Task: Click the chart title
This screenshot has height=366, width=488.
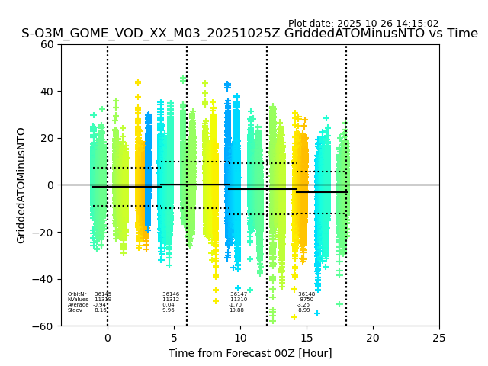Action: point(249,34)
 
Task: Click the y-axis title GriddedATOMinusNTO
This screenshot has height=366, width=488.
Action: point(21,185)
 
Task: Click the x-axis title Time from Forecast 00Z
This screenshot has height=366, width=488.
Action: point(250,353)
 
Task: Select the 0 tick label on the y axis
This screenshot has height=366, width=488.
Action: point(51,185)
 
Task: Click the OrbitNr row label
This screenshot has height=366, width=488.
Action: point(76,294)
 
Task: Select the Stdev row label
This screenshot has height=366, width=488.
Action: point(75,310)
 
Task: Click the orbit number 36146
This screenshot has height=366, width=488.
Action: point(171,294)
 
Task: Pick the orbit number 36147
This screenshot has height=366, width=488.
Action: point(239,294)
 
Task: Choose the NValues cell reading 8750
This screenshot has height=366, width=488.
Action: point(307,300)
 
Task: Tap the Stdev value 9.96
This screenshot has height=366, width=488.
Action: point(169,310)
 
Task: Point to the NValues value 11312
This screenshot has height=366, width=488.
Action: point(171,300)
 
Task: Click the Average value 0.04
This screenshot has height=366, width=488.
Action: point(169,305)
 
